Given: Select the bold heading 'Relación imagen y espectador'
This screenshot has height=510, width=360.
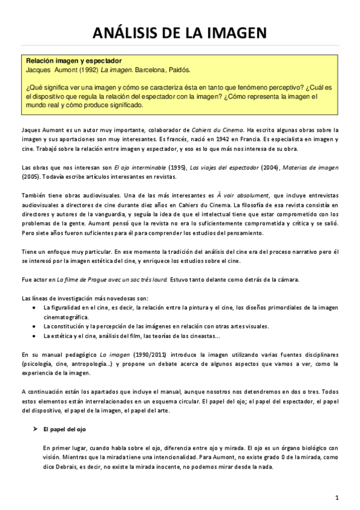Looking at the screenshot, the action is pyautogui.click(x=73, y=61).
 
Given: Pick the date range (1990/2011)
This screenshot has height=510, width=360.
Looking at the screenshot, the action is pyautogui.click(x=135, y=354).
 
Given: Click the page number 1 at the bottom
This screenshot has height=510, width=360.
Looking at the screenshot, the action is pyautogui.click(x=338, y=497).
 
